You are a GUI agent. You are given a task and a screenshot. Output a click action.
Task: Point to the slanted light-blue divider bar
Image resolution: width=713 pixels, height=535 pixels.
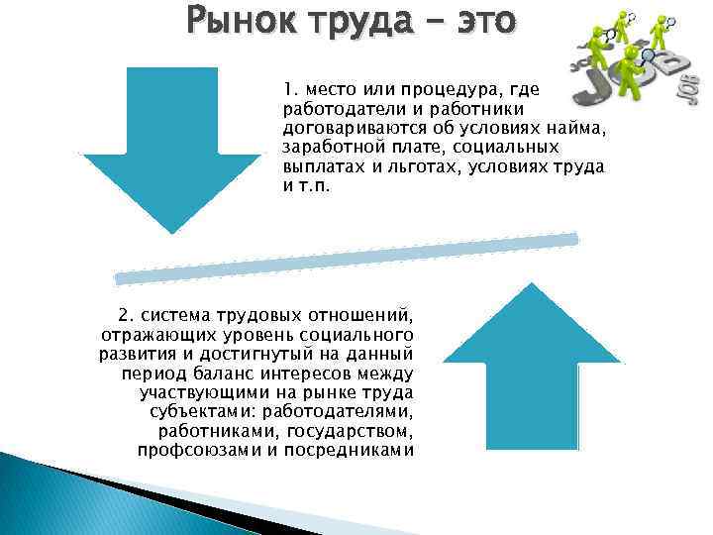[x=347, y=259]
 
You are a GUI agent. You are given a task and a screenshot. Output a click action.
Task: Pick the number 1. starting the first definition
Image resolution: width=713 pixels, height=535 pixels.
[x=290, y=88]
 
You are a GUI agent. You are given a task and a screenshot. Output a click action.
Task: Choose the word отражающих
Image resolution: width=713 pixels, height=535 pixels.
[x=148, y=335]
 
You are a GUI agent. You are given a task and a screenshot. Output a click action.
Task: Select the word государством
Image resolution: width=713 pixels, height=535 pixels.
[x=351, y=432]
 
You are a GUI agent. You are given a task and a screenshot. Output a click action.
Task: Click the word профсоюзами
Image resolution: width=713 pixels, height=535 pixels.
[x=193, y=451]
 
